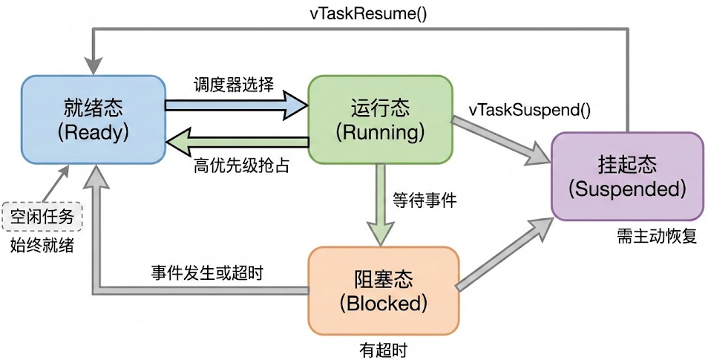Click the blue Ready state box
93,119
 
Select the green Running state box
380,119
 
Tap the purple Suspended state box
626,176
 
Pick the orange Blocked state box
383,291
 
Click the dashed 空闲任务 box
42,217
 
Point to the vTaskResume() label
368,13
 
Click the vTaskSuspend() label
530,110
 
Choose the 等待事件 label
425,199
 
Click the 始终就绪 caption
42,245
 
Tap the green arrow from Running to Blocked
381,204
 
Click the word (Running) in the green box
380,133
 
